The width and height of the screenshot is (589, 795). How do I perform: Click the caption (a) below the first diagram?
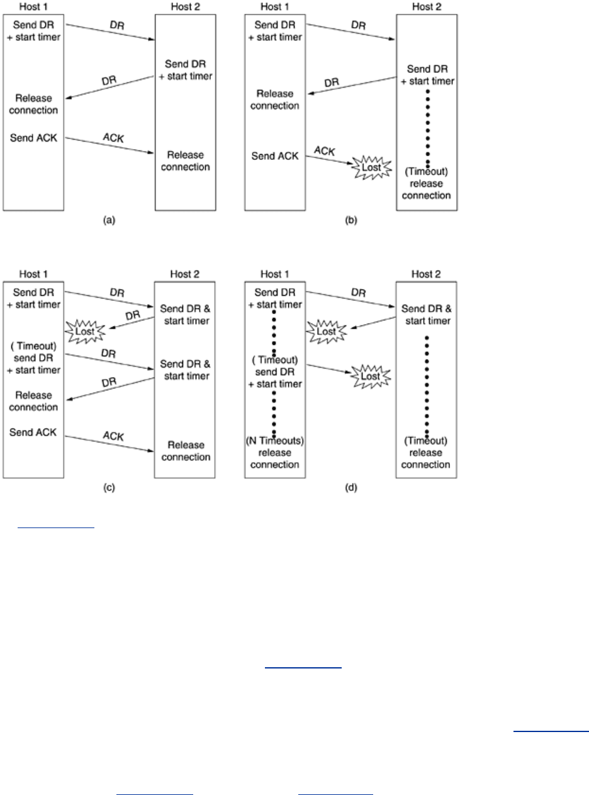coord(109,220)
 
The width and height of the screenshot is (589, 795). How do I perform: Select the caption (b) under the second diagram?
coord(351,220)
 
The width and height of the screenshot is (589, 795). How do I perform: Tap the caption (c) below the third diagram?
coord(109,487)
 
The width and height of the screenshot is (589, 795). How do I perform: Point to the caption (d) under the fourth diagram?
coord(351,487)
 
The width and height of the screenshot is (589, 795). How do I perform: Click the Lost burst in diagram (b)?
coord(371,167)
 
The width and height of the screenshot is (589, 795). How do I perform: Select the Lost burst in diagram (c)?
coord(85,331)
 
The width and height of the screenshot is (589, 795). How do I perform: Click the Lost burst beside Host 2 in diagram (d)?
coord(370,376)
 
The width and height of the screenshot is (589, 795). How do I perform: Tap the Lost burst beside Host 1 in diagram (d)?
coord(326,331)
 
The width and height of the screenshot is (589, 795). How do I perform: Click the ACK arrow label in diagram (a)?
coord(113,138)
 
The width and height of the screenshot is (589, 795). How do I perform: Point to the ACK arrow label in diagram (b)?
coord(325,151)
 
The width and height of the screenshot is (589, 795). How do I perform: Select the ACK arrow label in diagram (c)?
coord(113,436)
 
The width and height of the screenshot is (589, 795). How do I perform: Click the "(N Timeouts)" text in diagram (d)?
coord(275,441)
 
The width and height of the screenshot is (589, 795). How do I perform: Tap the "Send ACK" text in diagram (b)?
coord(275,156)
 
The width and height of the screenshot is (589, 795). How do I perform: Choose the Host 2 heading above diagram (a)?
coord(186,7)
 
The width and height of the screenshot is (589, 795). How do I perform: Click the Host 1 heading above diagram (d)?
coord(274,274)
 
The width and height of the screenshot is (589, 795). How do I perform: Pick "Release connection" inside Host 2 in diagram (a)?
coord(186,161)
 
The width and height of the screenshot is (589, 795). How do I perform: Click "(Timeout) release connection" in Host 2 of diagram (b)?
coord(426,184)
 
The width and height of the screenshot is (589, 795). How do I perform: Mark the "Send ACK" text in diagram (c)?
coord(33,432)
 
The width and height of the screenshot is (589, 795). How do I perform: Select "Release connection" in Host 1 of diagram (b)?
coord(274,99)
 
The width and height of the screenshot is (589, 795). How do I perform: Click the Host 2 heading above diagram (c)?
coord(184,274)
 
